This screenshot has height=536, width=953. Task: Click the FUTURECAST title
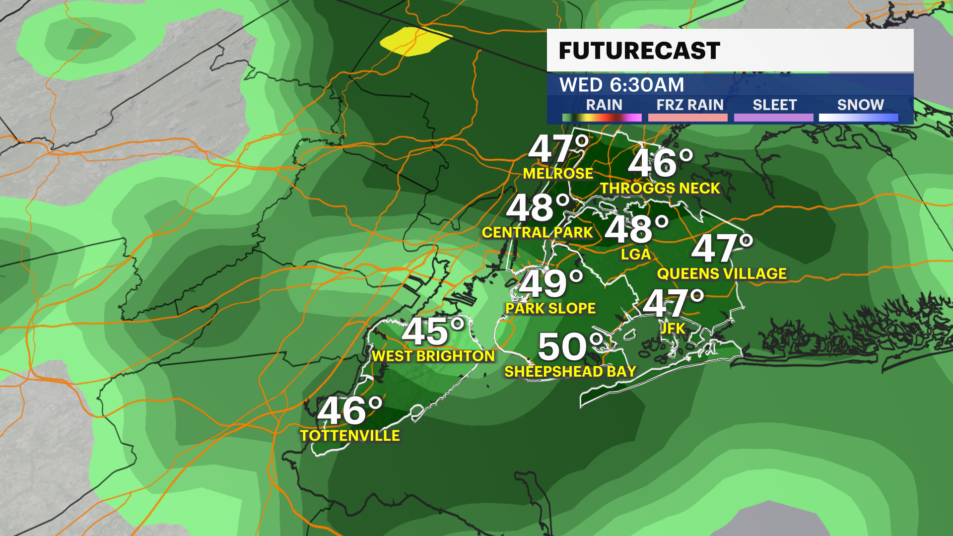click(639, 51)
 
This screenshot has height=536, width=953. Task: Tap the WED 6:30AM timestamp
click(621, 85)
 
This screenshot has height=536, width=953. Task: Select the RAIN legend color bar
click(602, 118)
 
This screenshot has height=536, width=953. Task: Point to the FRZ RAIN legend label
click(689, 105)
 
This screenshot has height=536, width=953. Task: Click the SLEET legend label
click(774, 105)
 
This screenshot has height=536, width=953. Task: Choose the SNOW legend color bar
click(858, 118)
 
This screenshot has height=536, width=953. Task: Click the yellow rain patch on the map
click(415, 42)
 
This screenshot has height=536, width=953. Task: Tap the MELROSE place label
click(558, 173)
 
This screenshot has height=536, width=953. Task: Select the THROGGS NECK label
click(660, 188)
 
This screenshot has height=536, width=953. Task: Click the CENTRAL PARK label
click(537, 232)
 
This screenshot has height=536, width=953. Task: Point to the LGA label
click(635, 254)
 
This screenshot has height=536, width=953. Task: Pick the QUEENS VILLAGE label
click(722, 273)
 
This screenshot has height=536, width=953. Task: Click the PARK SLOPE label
click(550, 308)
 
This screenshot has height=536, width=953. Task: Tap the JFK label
click(673, 328)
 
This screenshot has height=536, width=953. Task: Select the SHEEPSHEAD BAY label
click(570, 371)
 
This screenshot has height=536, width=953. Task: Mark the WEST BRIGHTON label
click(433, 356)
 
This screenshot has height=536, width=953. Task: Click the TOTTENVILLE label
click(350, 435)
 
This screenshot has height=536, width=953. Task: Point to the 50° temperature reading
click(571, 346)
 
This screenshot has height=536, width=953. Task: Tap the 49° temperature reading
click(550, 284)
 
